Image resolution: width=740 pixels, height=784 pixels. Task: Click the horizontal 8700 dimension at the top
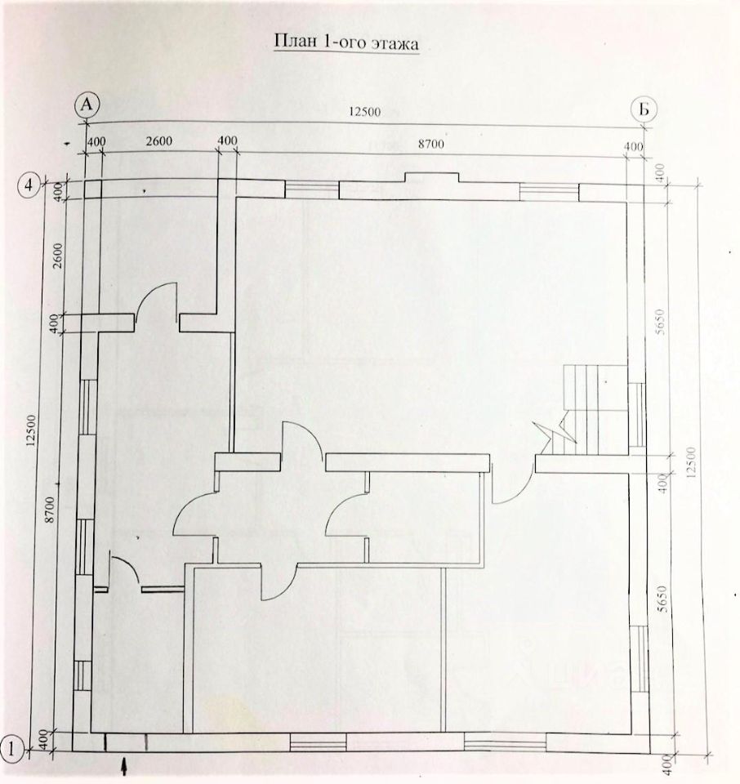pyautogui.click(x=430, y=144)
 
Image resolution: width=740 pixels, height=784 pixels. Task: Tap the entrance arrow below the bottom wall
pyautogui.click(x=124, y=765)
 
